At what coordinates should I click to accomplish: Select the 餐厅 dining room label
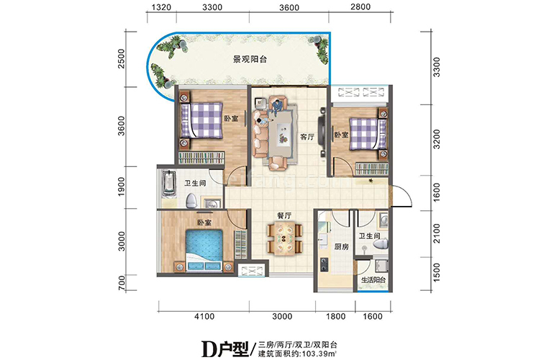point(283,215)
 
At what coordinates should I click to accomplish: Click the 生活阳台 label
point(373,280)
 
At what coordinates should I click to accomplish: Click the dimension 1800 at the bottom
point(335,315)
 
